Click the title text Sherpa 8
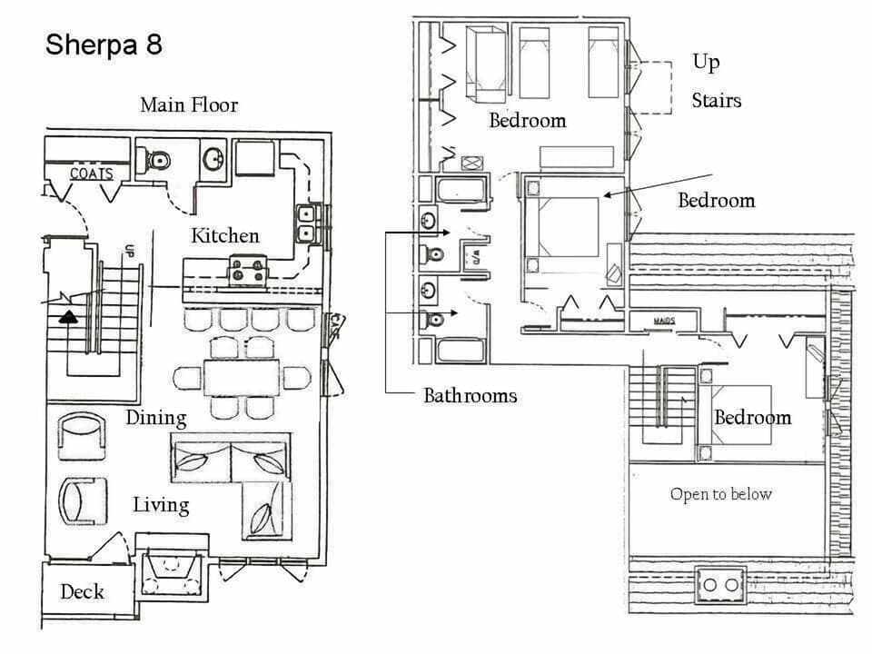(x=104, y=45)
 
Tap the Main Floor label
(x=189, y=105)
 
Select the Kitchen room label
(x=224, y=236)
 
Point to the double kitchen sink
(x=305, y=223)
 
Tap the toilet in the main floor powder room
(x=156, y=161)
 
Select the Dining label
(x=156, y=419)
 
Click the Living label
(x=161, y=505)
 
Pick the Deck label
(x=82, y=592)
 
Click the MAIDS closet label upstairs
(x=665, y=321)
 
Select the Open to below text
(x=720, y=494)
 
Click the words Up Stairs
(x=715, y=81)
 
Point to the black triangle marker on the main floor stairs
(x=68, y=317)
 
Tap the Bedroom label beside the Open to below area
(x=752, y=418)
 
